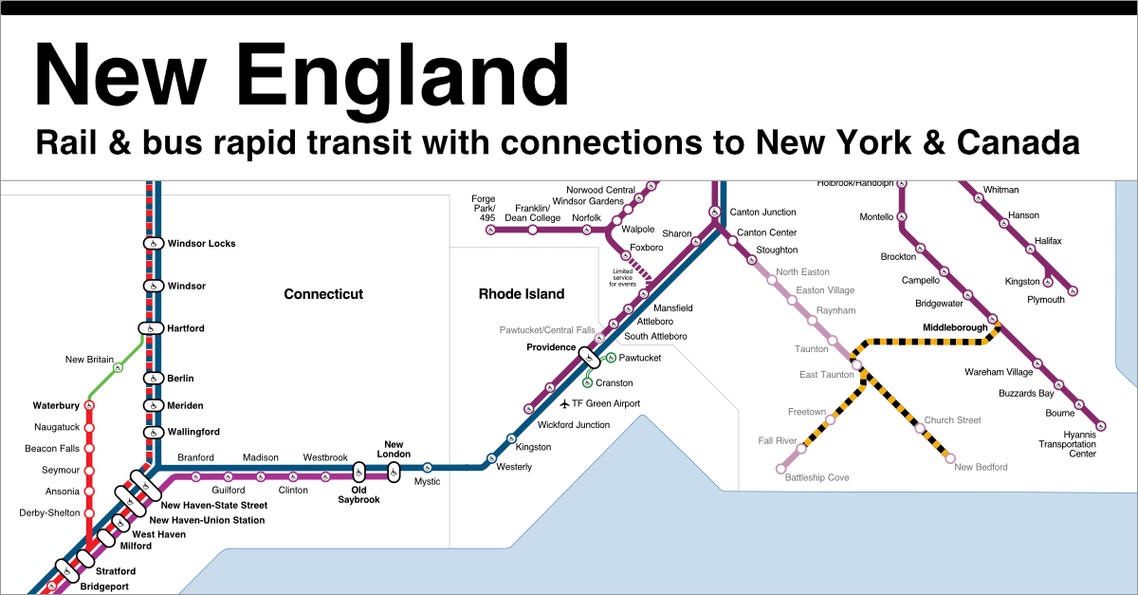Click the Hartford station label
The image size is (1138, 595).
[186, 328]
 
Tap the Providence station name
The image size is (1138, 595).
[551, 347]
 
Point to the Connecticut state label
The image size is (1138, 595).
[323, 294]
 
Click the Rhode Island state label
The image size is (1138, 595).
[521, 294]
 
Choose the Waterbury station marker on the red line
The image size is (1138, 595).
[89, 406]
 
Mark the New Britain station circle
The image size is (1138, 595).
[118, 367]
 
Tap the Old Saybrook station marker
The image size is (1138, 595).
[358, 472]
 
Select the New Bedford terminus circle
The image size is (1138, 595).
[950, 457]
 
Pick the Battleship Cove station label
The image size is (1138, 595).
[817, 477]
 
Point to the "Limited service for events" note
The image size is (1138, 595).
[622, 277]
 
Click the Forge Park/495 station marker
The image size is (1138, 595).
[490, 230]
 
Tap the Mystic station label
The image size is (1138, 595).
[427, 482]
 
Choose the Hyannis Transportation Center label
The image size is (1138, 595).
[1067, 444]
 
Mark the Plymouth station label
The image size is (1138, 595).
[1046, 300]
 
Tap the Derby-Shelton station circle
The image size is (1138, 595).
[89, 513]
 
